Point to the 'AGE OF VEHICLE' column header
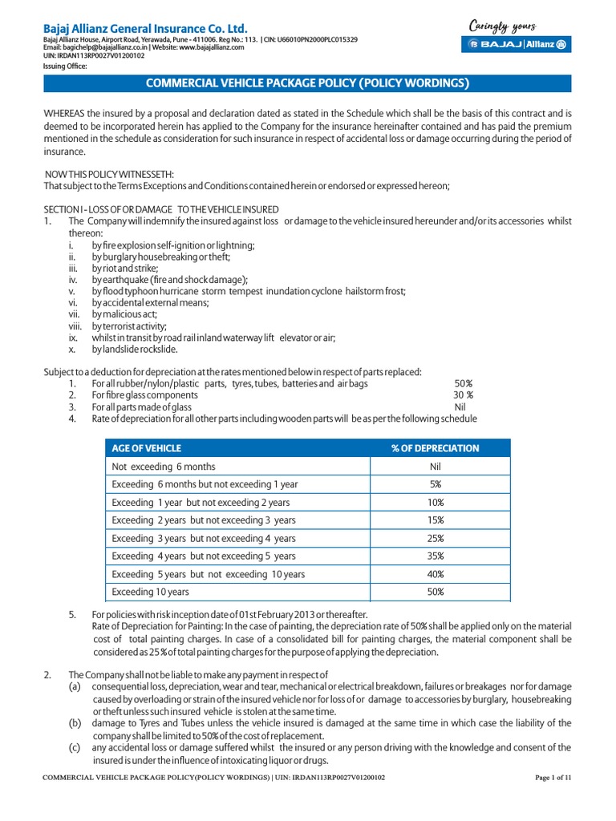tap(147, 448)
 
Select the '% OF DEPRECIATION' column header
tap(435, 448)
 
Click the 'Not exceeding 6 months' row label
tap(164, 467)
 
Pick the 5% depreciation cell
tap(435, 484)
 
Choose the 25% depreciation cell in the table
tap(435, 538)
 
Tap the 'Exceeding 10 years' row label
tap(151, 592)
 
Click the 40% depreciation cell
tap(435, 574)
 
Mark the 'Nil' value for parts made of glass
tap(460, 406)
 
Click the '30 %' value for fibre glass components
tap(463, 395)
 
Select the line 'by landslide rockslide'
tap(135, 350)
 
